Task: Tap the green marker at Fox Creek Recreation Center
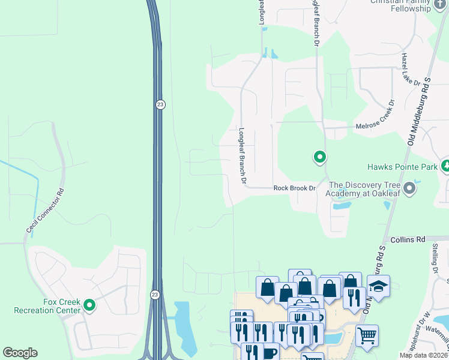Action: tap(89, 306)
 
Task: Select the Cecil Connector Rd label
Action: tap(44, 212)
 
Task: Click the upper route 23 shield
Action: tap(160, 104)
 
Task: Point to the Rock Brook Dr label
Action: tap(294, 188)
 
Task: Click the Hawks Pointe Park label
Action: tap(403, 167)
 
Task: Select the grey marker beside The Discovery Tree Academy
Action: tap(410, 189)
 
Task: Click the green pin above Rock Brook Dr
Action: tap(320, 158)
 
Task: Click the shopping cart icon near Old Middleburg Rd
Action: tap(367, 335)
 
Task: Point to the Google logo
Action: tap(20, 353)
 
